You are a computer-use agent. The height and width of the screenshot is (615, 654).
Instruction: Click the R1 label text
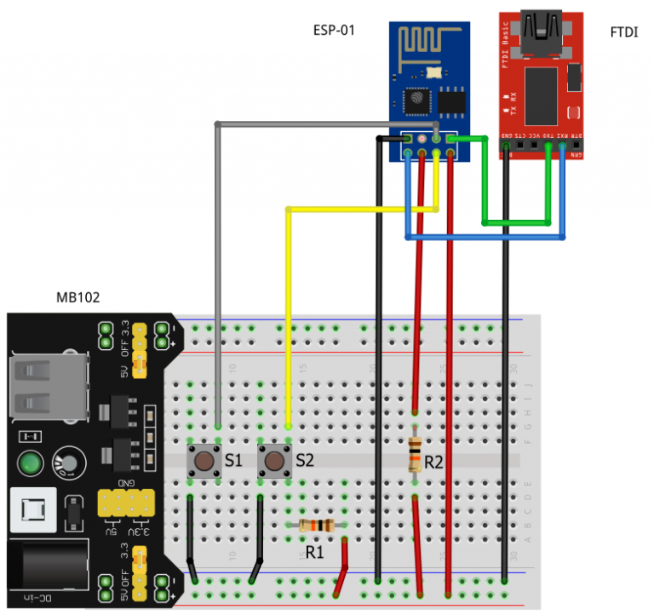coord(314,552)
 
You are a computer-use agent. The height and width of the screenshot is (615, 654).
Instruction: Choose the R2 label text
coord(433,463)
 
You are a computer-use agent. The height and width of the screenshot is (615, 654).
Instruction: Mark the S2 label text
coord(305,461)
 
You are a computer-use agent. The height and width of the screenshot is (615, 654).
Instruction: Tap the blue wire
coord(485,236)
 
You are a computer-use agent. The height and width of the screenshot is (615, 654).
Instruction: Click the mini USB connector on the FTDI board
coord(541,29)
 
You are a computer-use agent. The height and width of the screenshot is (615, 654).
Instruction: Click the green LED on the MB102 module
coord(32,464)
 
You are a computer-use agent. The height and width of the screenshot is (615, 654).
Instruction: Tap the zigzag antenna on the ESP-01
coord(427,43)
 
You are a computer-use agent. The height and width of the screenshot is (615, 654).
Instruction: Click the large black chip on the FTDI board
coord(541,94)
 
